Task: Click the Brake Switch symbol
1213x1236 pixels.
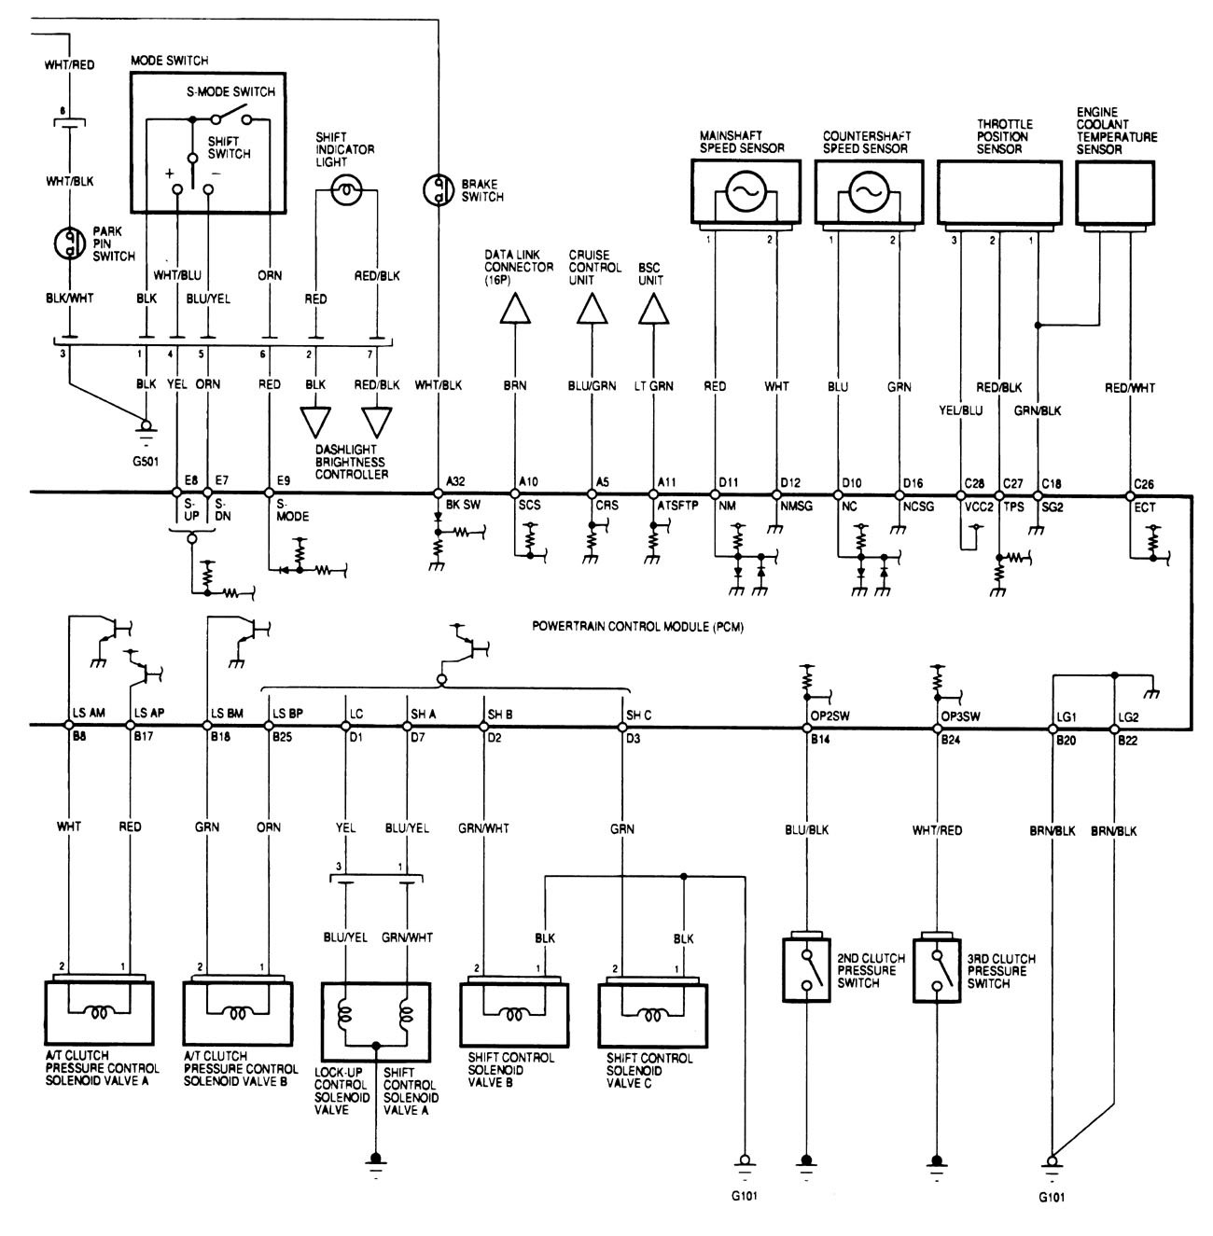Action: [x=438, y=189]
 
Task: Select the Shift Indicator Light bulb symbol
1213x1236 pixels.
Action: [x=346, y=190]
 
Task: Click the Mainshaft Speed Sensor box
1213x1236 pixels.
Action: [x=744, y=193]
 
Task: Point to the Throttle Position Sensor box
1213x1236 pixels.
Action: [x=998, y=193]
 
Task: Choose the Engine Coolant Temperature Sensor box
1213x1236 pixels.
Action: [x=1115, y=193]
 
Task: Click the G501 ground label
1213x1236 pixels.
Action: [x=145, y=446]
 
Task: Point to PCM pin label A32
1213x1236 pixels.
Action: [x=455, y=481]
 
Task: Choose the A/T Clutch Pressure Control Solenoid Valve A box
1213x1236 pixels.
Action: [x=100, y=1013]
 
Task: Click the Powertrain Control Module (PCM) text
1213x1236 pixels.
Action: [x=637, y=627]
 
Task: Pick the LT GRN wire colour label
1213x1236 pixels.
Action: [x=654, y=384]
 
